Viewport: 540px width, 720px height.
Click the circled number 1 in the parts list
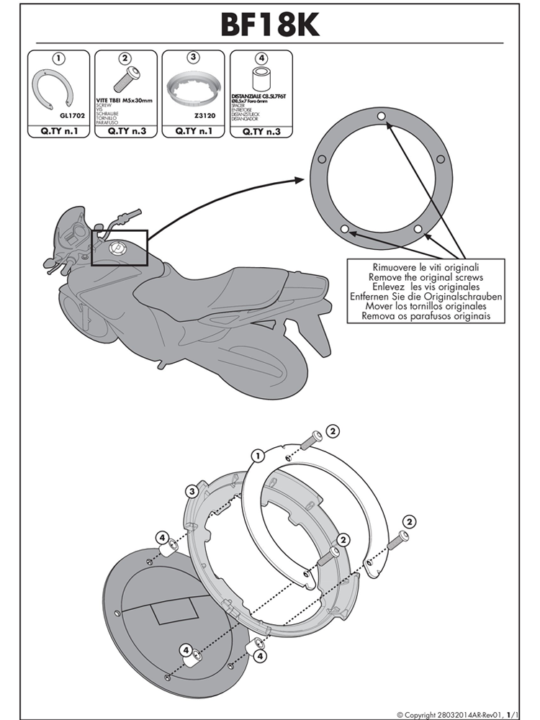pos(59,58)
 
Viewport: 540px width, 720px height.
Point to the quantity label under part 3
pos(192,132)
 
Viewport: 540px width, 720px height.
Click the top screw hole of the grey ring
pos(382,117)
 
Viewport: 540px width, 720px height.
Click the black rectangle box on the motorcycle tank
pos(120,249)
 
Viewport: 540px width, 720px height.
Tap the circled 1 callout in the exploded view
pos(256,454)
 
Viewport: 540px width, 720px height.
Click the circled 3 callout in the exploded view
pos(192,491)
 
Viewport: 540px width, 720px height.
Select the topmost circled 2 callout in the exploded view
pos(333,431)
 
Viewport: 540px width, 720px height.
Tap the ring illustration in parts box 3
pos(193,91)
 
